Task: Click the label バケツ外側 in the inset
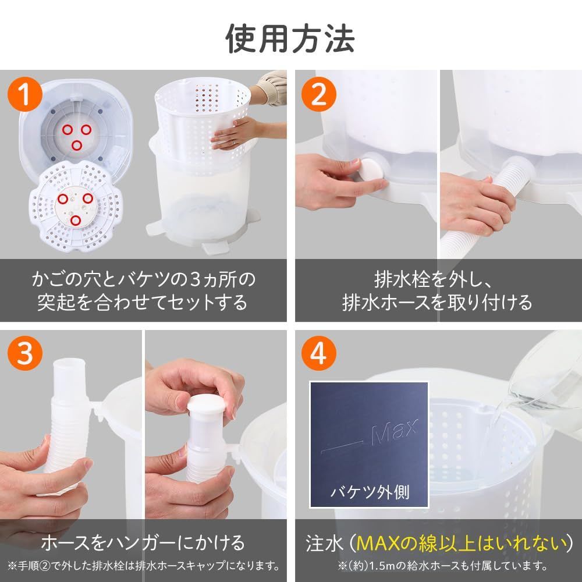370,493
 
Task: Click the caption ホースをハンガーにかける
143,544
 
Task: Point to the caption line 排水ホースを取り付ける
436,303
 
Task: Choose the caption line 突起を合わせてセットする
143,303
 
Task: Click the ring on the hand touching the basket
233,143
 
